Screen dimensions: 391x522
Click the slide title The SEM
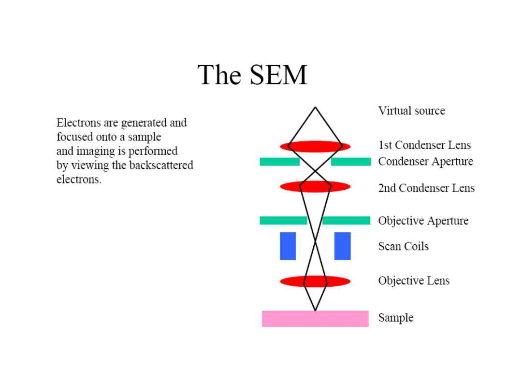pos(252,75)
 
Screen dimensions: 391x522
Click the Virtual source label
pos(411,111)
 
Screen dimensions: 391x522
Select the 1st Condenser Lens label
pos(424,145)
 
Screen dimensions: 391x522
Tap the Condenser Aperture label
pos(425,161)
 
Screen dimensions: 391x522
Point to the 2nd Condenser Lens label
pos(426,188)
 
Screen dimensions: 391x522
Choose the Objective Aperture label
pos(423,221)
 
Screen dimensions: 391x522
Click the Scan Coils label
pos(403,246)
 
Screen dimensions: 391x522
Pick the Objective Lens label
pos(414,280)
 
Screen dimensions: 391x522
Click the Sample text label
pos(395,318)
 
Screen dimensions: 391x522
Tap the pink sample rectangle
pos(315,319)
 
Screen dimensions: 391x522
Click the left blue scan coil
pos(288,246)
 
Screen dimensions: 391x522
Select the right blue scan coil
pos(342,246)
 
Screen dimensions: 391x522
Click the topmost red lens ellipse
pos(315,146)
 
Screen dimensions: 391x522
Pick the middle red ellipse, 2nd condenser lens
pos(315,186)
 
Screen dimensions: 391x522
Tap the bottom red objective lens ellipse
pos(315,281)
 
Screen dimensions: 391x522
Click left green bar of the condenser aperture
pos(279,161)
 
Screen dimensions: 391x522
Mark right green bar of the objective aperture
pos(346,221)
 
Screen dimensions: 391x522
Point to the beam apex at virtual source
pos(315,108)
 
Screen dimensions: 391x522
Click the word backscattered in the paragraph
pos(161,165)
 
